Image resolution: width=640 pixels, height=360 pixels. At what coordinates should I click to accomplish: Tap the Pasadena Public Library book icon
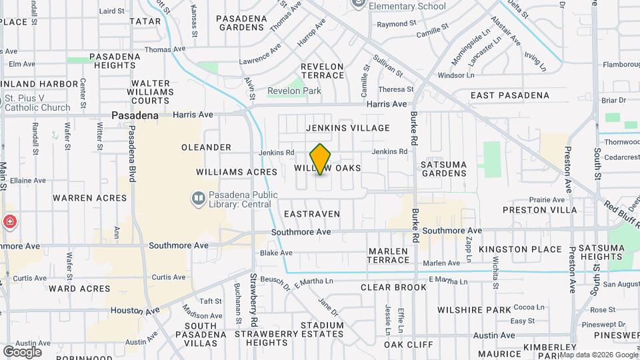pos(198,197)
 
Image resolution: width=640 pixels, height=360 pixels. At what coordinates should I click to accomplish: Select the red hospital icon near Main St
pos(9,222)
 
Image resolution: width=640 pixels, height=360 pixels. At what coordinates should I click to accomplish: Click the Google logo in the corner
pos(22,352)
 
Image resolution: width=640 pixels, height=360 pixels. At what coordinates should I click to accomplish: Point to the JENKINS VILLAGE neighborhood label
pos(347,127)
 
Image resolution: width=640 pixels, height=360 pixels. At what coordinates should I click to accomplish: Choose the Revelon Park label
pos(294,91)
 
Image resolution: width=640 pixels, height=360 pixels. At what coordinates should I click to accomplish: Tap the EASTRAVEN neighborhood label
pos(311,214)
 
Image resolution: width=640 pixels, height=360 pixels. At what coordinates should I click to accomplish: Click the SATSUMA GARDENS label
pos(443,168)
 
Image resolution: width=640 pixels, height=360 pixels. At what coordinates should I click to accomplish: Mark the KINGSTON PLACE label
pos(530,249)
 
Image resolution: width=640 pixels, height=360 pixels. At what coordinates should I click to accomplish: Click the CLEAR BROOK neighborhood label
pos(393,287)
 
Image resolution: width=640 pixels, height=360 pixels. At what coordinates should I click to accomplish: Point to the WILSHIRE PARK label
pos(474,309)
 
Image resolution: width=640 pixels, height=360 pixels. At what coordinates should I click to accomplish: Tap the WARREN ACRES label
pos(89,198)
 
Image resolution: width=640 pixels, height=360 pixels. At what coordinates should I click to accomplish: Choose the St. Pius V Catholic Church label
pos(37,103)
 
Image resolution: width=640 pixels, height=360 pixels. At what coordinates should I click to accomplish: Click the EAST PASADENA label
pos(510,95)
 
